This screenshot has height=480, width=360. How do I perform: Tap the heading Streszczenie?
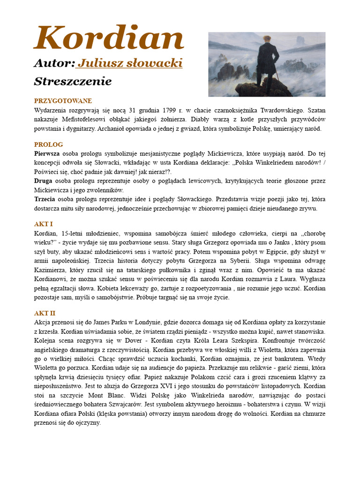tap(73, 82)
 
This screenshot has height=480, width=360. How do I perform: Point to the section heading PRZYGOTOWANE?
tap(63, 101)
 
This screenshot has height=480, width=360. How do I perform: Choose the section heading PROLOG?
tap(48, 144)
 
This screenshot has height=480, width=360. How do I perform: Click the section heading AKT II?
tap(45, 313)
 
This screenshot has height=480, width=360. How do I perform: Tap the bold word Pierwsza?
tap(47, 153)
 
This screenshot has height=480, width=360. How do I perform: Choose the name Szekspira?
tap(239, 340)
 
